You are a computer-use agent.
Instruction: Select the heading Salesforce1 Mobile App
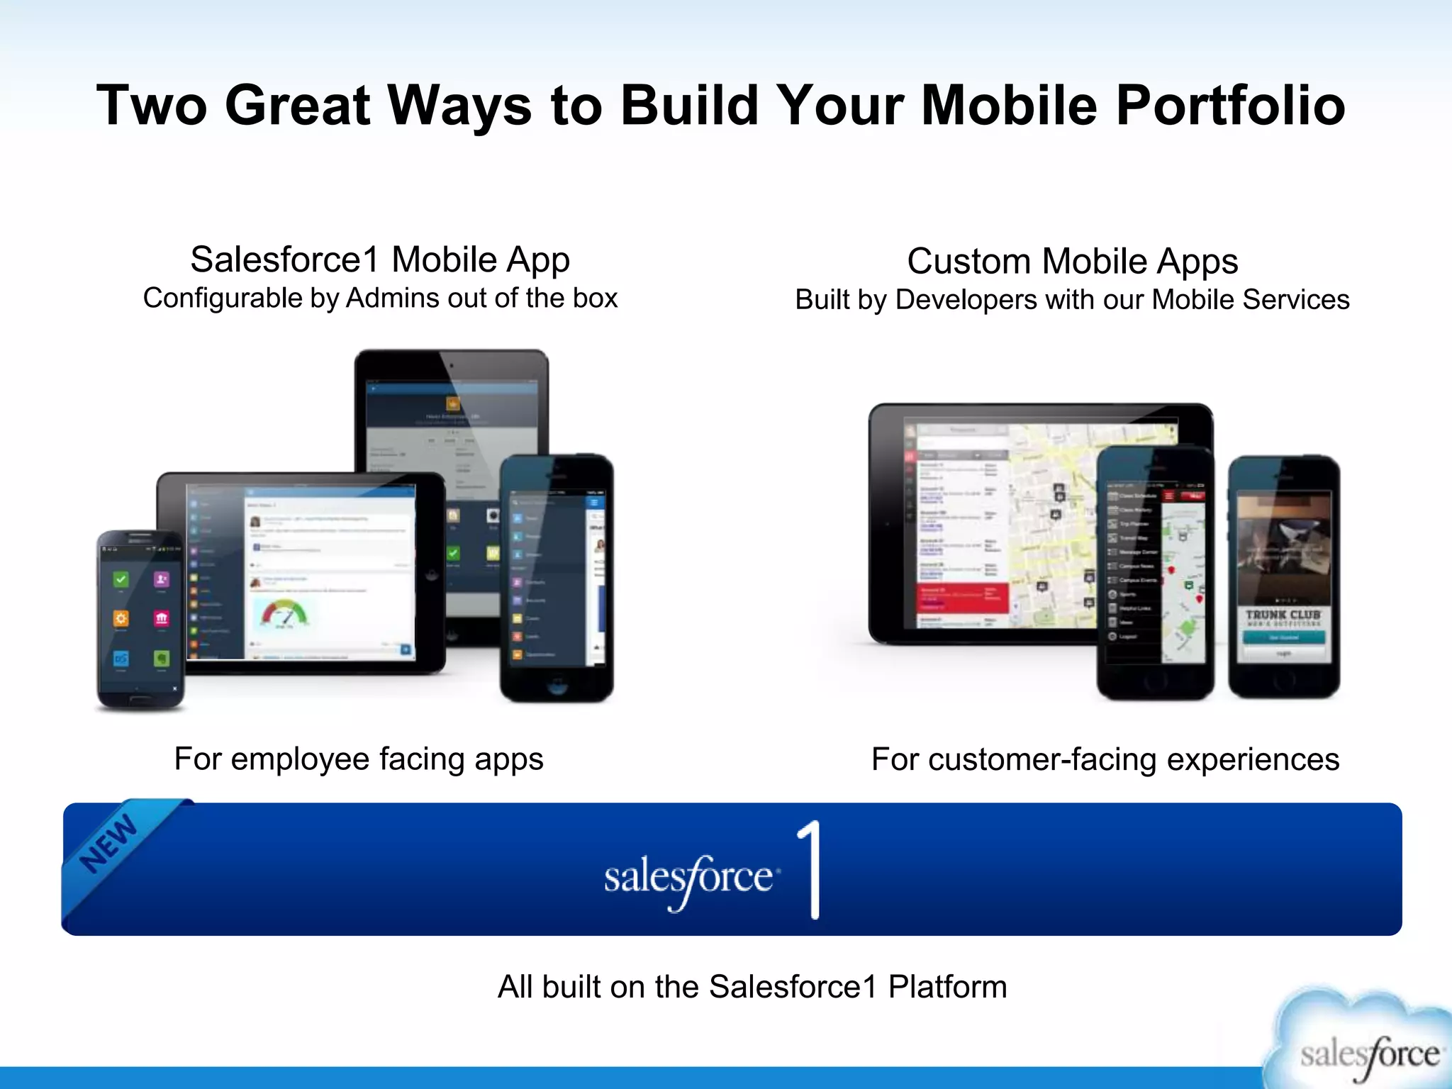tap(380, 259)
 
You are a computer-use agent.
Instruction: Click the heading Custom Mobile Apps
tap(1072, 261)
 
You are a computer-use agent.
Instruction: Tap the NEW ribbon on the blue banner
tap(108, 844)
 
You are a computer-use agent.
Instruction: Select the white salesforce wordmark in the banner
tap(688, 878)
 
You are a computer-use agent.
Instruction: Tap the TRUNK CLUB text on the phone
tap(1283, 615)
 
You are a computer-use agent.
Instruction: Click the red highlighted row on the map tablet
tap(963, 598)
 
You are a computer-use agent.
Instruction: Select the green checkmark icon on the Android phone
tap(121, 579)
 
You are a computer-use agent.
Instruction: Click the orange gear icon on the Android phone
tap(121, 618)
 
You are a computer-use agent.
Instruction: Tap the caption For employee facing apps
tap(359, 759)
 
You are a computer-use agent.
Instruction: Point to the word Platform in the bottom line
tap(947, 986)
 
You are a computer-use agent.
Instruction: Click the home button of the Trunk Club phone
tap(1284, 680)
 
